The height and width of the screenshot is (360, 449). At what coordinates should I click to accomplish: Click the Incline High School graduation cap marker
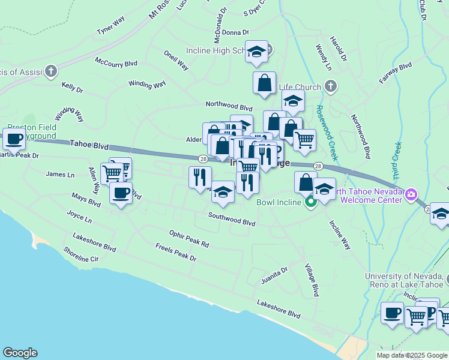click(256, 52)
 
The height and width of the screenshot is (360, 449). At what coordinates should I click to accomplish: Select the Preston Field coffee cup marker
click(14, 139)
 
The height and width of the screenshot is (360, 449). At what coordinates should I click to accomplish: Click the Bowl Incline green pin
click(310, 202)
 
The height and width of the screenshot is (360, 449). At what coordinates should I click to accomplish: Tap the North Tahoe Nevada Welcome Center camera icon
click(411, 194)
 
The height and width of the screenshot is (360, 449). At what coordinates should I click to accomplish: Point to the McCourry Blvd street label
click(116, 62)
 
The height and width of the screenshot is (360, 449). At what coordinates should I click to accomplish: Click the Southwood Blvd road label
click(232, 219)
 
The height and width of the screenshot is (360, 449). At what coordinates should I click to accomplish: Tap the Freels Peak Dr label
click(176, 253)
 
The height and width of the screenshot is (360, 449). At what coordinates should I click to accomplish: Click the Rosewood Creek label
click(327, 133)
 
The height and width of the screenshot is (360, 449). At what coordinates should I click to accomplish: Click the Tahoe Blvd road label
click(89, 145)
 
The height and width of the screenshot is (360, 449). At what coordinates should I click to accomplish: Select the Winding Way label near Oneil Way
click(146, 85)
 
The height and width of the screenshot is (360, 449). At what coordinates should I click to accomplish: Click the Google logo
click(20, 353)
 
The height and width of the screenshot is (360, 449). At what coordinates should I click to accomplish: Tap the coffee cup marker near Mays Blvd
click(121, 193)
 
